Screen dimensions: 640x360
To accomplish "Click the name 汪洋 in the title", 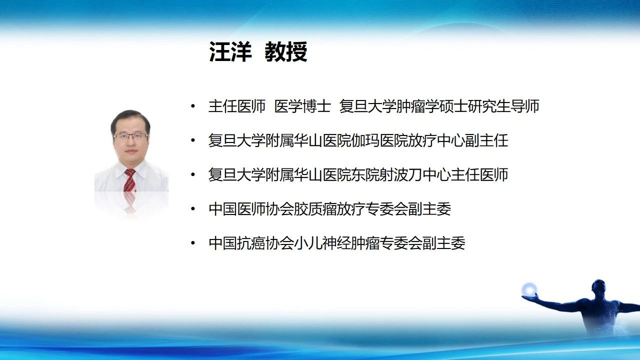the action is [x=230, y=51].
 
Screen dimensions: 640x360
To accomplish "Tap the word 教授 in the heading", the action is [x=286, y=51].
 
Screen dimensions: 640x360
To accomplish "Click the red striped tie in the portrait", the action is [x=129, y=180].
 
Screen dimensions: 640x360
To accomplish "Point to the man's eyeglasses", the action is [x=130, y=136].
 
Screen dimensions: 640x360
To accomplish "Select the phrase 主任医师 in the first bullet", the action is [x=237, y=106].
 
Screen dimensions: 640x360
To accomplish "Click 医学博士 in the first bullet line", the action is [x=302, y=106].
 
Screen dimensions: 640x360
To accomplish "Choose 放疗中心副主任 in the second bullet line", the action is [x=458, y=140].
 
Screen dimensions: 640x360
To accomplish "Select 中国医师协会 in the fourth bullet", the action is [x=251, y=209].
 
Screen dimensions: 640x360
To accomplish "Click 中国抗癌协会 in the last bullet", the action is [x=251, y=243].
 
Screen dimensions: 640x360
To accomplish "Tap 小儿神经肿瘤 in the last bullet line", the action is [x=337, y=243].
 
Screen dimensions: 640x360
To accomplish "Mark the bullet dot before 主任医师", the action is [x=193, y=106].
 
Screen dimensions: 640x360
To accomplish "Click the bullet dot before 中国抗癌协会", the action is [x=193, y=243].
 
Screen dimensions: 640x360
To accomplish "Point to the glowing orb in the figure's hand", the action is [x=529, y=289].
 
